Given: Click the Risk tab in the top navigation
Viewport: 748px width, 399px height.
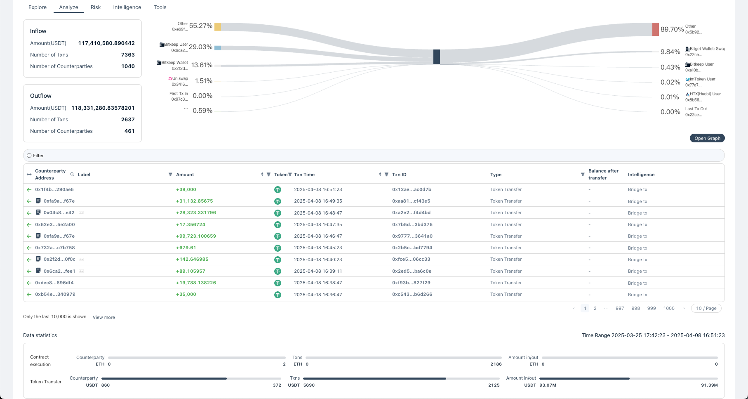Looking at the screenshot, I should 96,7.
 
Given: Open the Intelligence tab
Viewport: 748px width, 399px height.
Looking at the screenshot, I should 127,7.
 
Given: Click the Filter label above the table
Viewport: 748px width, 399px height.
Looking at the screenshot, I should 38,156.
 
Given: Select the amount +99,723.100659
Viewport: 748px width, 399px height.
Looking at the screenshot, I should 196,236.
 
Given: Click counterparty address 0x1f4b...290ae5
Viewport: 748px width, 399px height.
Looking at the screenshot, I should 54,189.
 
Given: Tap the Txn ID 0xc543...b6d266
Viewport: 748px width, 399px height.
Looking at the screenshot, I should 412,294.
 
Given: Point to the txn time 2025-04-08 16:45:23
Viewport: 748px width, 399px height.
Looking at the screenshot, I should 318,248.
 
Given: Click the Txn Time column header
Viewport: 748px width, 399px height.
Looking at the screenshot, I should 304,175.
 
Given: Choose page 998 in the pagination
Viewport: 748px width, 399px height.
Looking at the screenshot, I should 635,308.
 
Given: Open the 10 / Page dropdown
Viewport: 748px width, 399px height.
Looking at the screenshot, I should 706,308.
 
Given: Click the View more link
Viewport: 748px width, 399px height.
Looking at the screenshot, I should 104,317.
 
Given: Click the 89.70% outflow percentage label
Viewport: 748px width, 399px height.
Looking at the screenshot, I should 672,29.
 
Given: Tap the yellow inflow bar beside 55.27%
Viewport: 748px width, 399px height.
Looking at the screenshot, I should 218,27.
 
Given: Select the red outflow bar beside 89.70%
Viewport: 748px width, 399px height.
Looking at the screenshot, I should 655,29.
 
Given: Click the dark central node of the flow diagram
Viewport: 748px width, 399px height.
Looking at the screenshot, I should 436,57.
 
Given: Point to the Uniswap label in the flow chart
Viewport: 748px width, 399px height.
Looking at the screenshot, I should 180,78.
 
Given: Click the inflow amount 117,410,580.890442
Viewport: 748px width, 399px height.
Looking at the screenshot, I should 106,43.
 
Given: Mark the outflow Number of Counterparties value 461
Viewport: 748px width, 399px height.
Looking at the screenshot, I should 129,131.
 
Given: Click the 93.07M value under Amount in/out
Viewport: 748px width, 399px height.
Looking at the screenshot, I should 548,385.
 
